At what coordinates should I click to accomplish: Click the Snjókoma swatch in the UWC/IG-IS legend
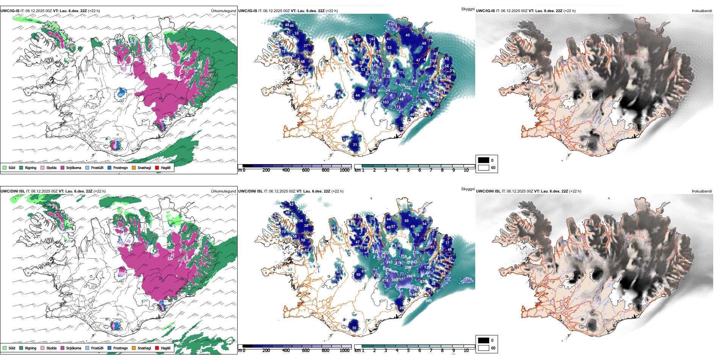(x=63, y=167)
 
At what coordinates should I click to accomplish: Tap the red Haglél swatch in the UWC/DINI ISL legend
(x=157, y=348)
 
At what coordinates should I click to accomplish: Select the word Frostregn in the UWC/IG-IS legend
(x=120, y=167)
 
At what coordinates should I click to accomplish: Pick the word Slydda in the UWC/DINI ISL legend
(x=52, y=348)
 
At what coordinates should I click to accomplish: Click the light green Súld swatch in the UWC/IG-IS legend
(x=5, y=167)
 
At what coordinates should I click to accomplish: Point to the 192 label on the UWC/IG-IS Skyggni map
(x=391, y=24)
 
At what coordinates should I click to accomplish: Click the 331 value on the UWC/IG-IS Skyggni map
(x=407, y=88)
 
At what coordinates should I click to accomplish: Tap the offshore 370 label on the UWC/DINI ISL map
(x=468, y=279)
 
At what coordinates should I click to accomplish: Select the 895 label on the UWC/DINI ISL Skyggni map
(x=429, y=301)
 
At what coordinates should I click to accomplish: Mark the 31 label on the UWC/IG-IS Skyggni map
(x=355, y=144)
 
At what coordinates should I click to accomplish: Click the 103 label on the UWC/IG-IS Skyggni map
(x=385, y=102)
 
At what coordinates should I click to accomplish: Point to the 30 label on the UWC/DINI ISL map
(x=354, y=328)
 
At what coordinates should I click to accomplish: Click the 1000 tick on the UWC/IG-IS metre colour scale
(x=344, y=170)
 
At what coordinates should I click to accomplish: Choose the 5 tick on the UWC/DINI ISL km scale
(x=409, y=351)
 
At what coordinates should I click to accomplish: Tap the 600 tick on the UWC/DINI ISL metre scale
(x=306, y=351)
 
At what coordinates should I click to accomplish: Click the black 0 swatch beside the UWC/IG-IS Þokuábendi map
(x=484, y=160)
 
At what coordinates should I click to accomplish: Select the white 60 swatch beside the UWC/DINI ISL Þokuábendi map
(x=484, y=348)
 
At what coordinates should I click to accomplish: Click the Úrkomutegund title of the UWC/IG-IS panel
(x=223, y=11)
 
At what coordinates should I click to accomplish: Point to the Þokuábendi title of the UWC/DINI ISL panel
(x=702, y=191)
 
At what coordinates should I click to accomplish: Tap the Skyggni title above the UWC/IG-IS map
(x=468, y=9)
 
